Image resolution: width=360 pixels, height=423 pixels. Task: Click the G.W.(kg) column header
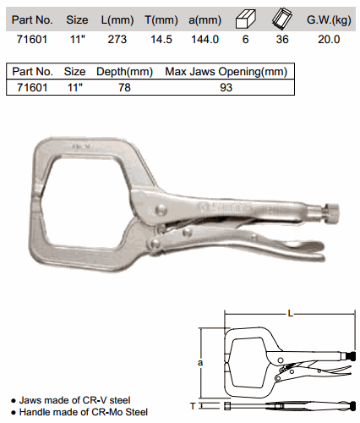point(329,20)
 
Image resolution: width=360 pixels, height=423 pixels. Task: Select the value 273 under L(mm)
point(117,39)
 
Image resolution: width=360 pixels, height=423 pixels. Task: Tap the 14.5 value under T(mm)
point(161,39)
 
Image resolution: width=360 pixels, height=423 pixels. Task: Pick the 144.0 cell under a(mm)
point(205,39)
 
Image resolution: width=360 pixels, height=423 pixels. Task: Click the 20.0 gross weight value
point(329,39)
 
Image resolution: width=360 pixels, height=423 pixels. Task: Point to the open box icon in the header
point(282,19)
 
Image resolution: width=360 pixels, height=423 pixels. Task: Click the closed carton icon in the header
point(245,19)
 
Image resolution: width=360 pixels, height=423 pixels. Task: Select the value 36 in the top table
point(282,39)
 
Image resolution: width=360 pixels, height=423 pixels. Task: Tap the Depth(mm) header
point(124,72)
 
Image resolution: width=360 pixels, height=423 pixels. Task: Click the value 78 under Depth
point(124,87)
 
